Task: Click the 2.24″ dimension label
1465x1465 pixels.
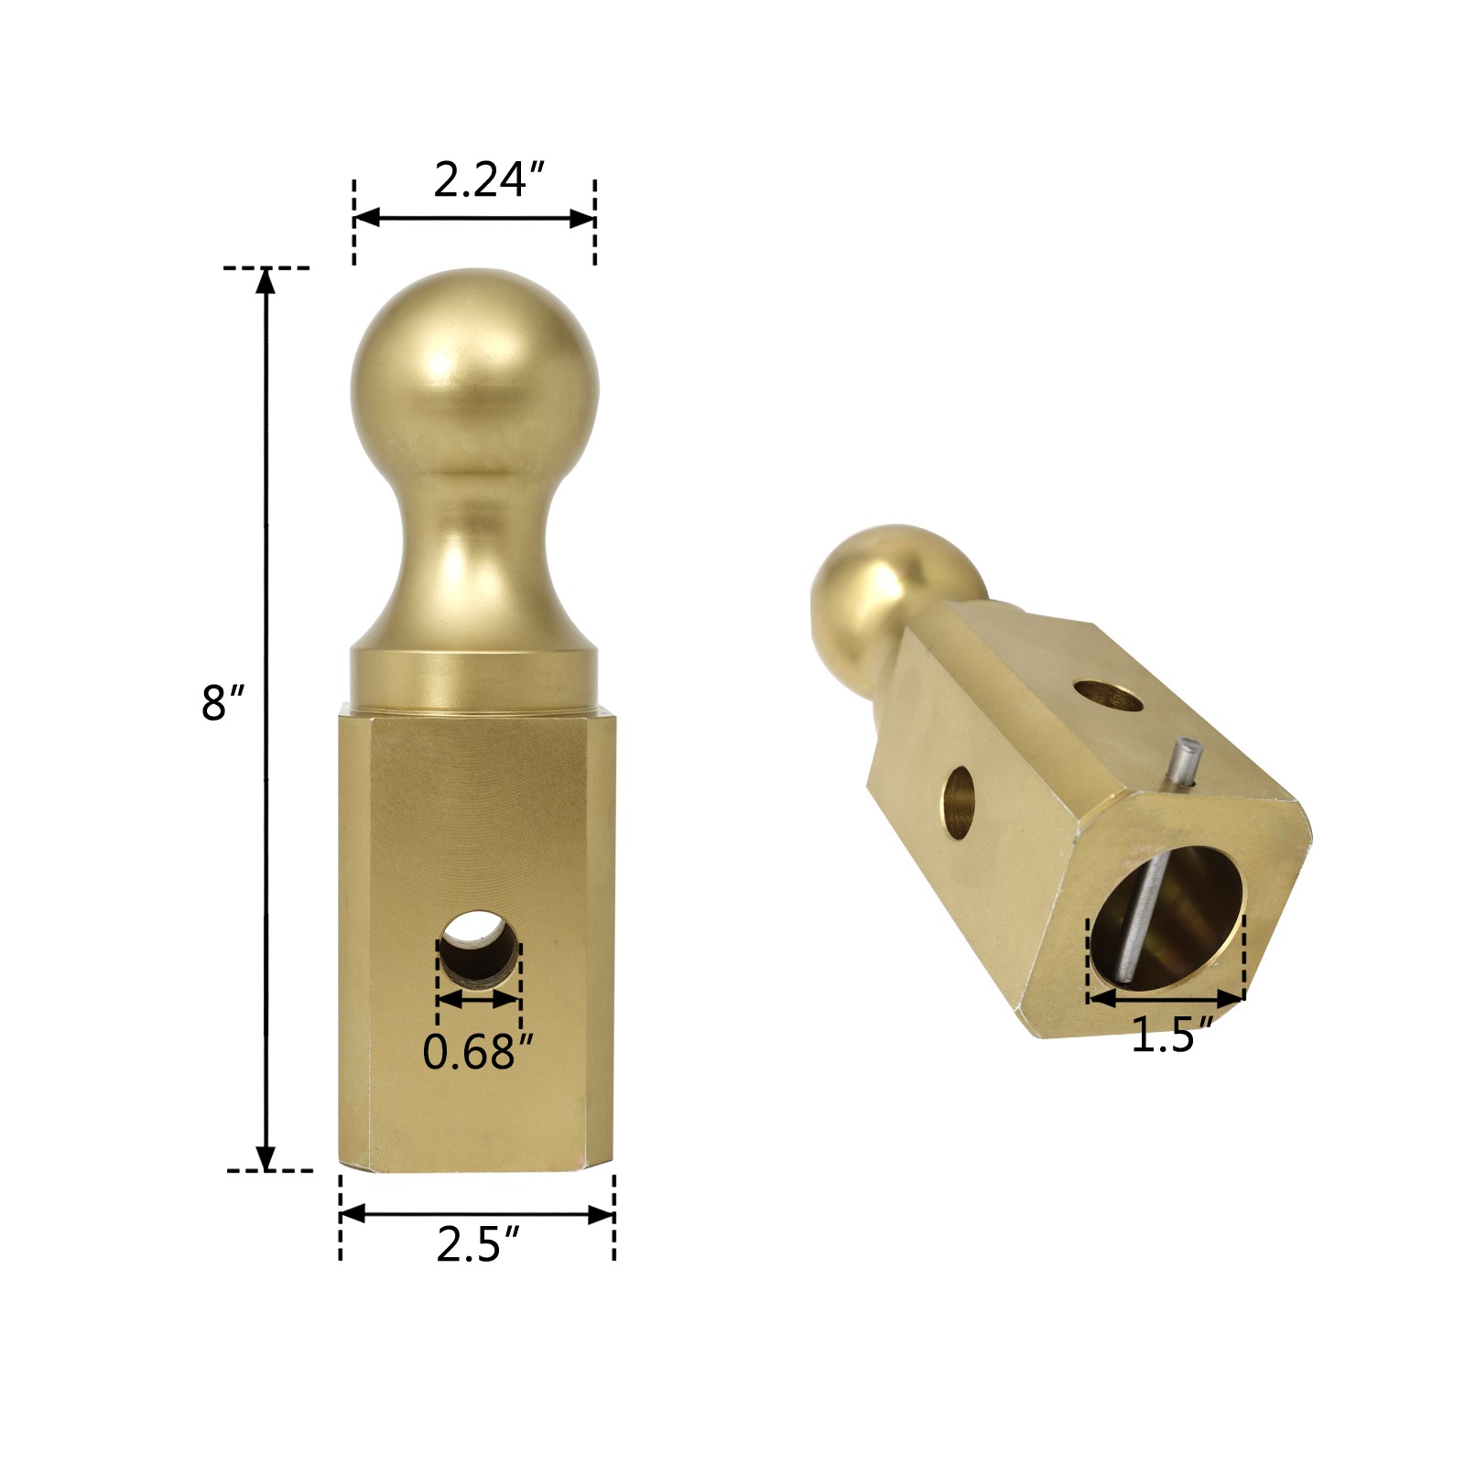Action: [489, 179]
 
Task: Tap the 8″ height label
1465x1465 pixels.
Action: [222, 703]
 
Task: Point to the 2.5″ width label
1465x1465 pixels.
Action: [478, 1245]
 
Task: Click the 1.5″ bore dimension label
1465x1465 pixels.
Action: [1172, 1036]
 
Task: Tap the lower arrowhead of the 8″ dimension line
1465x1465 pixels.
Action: [266, 1158]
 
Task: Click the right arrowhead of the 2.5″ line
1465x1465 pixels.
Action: [602, 1215]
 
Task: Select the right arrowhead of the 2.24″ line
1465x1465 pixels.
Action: [583, 218]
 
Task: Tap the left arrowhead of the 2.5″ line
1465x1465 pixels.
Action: [353, 1215]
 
